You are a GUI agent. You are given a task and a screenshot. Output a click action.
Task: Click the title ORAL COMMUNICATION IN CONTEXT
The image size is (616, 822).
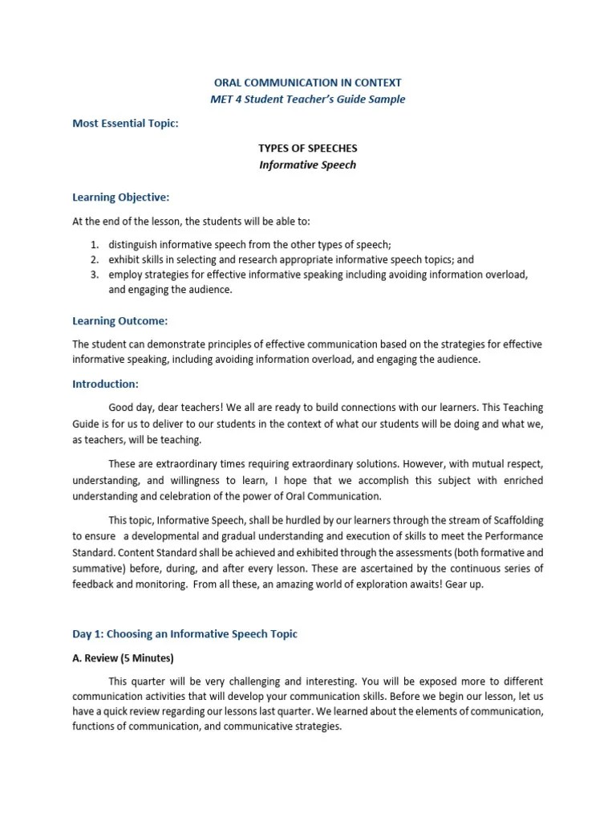pos(308,83)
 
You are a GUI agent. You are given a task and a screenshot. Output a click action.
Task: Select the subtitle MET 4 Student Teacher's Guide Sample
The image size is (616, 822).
pos(308,100)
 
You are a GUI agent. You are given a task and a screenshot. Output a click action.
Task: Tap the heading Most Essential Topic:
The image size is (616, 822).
pos(125,124)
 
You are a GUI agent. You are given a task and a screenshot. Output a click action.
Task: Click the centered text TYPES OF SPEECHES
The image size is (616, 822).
pos(307,149)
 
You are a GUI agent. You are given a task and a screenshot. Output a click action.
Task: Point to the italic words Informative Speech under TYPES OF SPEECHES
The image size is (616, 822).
pos(307,166)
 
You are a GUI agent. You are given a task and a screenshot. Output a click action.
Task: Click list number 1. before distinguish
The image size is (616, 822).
pos(93,245)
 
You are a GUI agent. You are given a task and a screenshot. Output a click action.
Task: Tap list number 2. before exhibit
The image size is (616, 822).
pos(93,259)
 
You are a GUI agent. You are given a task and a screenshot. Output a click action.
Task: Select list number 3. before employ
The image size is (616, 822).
pos(93,275)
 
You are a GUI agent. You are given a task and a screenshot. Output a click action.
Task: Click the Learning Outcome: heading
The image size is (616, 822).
pos(120,321)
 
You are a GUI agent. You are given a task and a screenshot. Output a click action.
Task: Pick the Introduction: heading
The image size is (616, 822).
pos(105,385)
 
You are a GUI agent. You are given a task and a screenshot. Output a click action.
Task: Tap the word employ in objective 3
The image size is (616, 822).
pos(124,275)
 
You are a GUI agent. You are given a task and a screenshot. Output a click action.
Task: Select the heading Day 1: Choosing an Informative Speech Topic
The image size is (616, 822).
pos(184,634)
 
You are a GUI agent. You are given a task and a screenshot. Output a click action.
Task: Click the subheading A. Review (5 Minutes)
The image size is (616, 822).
pos(123,659)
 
